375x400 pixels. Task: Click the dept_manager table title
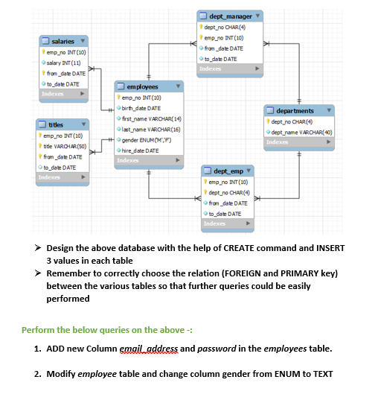click(x=231, y=16)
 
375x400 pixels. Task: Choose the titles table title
click(x=56, y=124)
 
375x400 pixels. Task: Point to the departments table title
click(x=294, y=111)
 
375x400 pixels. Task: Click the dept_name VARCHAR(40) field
click(x=301, y=132)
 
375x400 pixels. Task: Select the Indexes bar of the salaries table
click(x=64, y=94)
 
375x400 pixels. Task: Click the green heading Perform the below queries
click(x=106, y=330)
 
